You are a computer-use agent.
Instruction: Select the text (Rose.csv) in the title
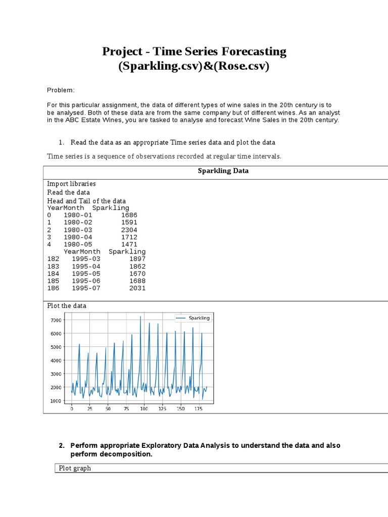238,66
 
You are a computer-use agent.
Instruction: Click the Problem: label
61,90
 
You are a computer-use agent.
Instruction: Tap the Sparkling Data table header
223,171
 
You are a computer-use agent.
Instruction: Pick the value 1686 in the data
129,215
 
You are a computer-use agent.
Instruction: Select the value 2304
129,230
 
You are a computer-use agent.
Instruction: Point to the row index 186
53,288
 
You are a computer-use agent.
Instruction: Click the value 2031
137,288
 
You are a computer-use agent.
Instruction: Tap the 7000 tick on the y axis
56,320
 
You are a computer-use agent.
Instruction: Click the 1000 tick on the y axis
56,401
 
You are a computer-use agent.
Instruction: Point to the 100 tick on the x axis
144,408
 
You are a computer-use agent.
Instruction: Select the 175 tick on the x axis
198,408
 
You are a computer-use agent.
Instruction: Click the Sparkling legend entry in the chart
199,318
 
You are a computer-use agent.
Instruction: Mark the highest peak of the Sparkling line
140,317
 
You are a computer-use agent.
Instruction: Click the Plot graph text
75,468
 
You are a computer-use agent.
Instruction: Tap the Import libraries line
71,184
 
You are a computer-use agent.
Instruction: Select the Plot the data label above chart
67,305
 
